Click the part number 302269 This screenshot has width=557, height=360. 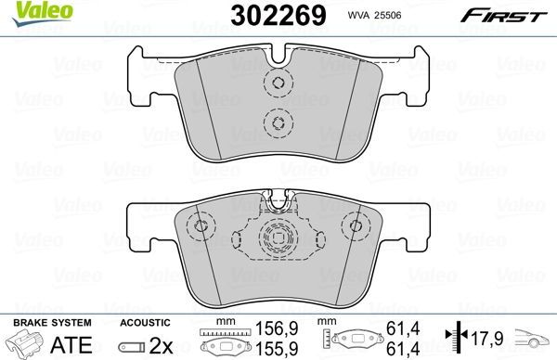[271, 15]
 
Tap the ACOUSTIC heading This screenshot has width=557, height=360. [145, 322]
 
